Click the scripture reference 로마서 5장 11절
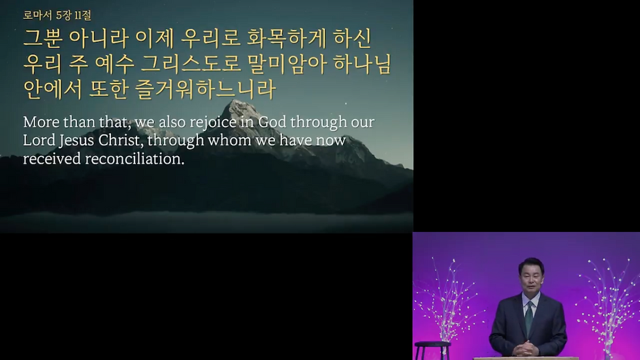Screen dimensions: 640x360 pos(57,16)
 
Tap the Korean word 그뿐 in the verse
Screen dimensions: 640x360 pos(43,39)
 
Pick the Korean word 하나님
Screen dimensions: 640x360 pos(362,64)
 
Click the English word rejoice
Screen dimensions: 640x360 pos(219,122)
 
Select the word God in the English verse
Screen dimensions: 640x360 pos(272,122)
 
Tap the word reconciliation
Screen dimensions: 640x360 pos(135,159)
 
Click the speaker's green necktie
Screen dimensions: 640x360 pos(530,318)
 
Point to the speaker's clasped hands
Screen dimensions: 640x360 pos(526,349)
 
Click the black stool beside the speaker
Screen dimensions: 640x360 pos(432,350)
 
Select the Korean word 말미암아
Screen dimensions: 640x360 pos(287,64)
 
